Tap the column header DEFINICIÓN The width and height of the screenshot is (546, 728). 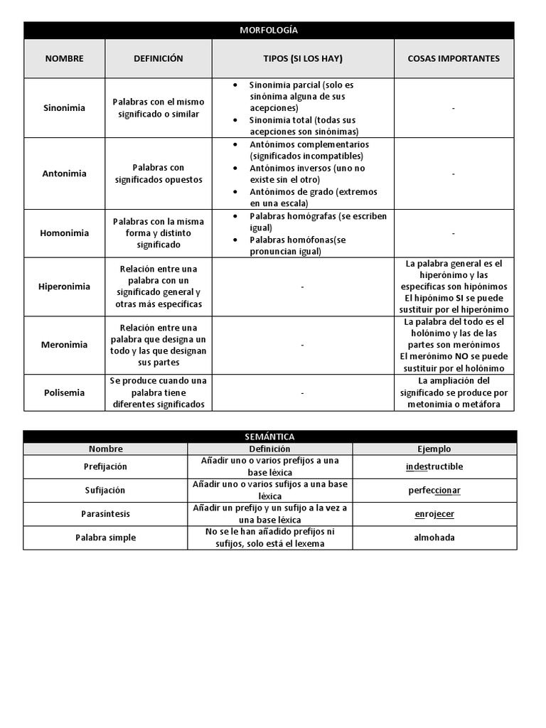(158, 58)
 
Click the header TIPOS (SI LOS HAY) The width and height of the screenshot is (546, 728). (303, 58)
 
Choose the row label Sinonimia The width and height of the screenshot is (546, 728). (64, 108)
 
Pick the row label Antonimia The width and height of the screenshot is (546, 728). (64, 173)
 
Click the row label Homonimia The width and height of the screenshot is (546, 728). (64, 233)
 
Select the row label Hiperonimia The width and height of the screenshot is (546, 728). (64, 287)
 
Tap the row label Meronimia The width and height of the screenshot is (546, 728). (64, 345)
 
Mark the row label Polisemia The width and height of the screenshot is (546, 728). (64, 392)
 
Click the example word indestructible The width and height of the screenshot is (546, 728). (434, 466)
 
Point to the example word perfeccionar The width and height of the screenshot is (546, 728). (434, 491)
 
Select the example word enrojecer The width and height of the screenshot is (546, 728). (434, 514)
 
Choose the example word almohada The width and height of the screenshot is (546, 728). (434, 537)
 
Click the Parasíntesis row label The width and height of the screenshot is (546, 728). (105, 514)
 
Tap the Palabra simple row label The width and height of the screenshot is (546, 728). (105, 537)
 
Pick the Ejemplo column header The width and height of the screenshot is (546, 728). (434, 449)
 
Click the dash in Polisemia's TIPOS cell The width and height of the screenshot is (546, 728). (303, 392)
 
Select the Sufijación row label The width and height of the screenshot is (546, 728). (105, 491)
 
